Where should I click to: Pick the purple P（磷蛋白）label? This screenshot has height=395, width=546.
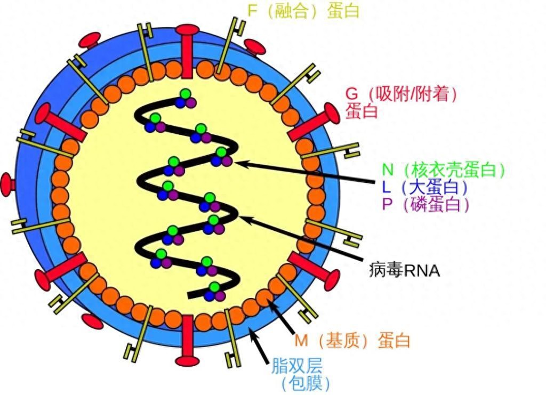426,204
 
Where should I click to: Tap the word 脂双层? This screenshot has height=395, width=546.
297,366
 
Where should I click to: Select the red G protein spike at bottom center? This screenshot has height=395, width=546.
187,341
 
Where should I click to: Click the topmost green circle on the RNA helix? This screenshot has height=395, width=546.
185,94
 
